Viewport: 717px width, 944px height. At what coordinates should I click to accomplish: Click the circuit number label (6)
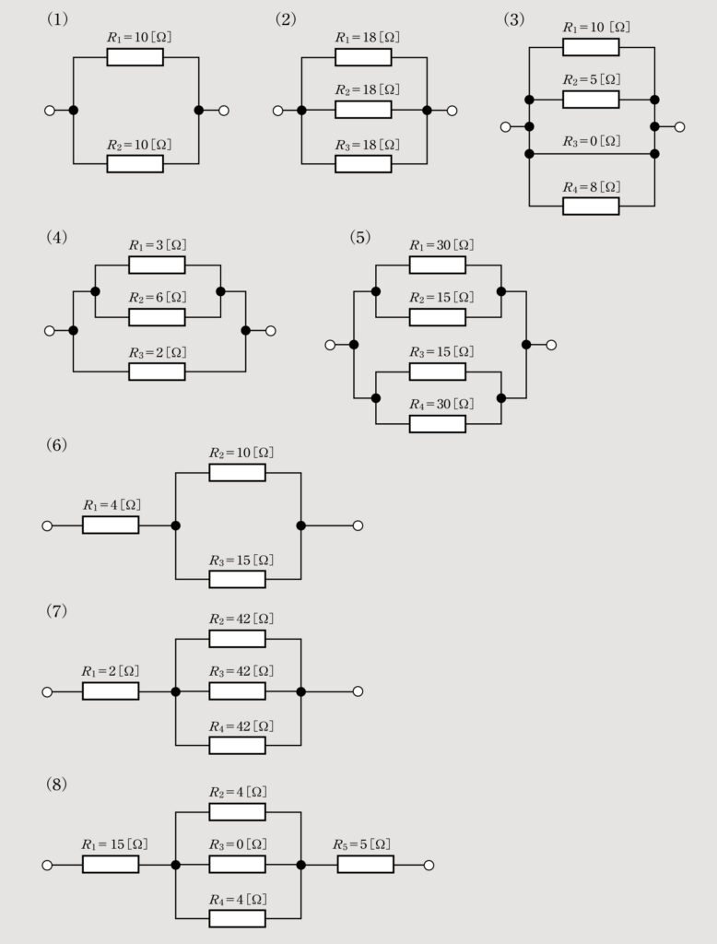coord(56,444)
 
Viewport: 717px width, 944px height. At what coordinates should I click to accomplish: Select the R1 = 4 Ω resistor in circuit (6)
coord(111,525)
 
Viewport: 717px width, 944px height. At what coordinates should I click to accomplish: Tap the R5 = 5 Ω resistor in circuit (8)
coord(365,865)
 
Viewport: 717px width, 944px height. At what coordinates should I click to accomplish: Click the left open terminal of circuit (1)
coord(49,111)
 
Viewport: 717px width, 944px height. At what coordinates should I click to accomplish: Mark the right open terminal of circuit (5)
coord(551,345)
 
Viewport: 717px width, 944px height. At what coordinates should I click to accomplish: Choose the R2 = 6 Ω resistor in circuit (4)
coord(157,317)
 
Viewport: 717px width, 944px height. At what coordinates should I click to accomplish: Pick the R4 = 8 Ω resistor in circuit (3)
coord(591,206)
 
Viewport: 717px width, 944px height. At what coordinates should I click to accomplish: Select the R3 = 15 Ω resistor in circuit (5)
coord(438,372)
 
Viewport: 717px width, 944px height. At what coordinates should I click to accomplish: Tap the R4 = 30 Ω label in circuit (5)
coord(438,404)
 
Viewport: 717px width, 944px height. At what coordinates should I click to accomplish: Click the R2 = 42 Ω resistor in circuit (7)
coord(237,639)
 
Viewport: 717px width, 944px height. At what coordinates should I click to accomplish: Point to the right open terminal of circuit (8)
coord(428,865)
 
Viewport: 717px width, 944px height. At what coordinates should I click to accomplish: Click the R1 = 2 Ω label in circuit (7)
coord(111,670)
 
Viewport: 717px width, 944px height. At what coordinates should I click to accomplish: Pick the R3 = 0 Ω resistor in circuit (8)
coord(237,865)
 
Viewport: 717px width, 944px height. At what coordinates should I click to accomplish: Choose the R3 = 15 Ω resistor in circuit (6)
coord(237,579)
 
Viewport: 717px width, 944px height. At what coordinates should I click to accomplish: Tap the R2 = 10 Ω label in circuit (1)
coord(135,145)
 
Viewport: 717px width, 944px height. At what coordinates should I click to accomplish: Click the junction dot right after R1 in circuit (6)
coord(175,525)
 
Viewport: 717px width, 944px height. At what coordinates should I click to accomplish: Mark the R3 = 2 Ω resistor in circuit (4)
coord(157,372)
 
